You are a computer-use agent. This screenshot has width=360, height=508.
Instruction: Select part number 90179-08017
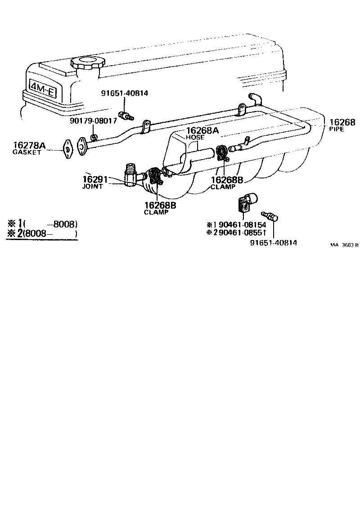(x=93, y=120)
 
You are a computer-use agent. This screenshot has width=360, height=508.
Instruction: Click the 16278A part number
(x=29, y=145)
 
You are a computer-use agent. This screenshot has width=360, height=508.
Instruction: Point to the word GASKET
(x=27, y=152)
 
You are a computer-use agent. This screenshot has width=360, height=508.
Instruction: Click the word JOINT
(x=92, y=186)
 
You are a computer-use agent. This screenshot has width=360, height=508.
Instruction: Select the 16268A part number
(x=202, y=130)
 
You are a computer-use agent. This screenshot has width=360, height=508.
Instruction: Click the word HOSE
(x=195, y=137)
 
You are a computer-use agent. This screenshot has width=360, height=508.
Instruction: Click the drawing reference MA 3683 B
(x=344, y=245)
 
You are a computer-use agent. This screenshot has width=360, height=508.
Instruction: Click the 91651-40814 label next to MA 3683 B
(x=273, y=243)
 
